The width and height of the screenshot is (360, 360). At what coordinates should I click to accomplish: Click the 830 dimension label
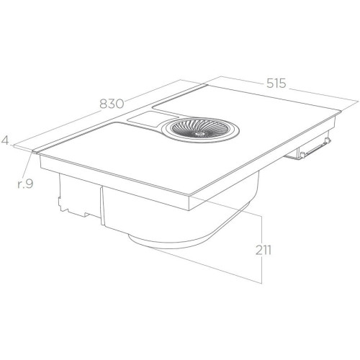click(x=112, y=104)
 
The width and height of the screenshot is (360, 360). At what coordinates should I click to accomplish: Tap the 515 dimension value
click(x=276, y=83)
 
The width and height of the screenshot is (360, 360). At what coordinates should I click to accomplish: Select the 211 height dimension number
click(x=263, y=251)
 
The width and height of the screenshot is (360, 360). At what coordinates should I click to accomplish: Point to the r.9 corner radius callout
click(x=25, y=184)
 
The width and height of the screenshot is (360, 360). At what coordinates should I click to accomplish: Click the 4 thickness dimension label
click(x=5, y=140)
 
